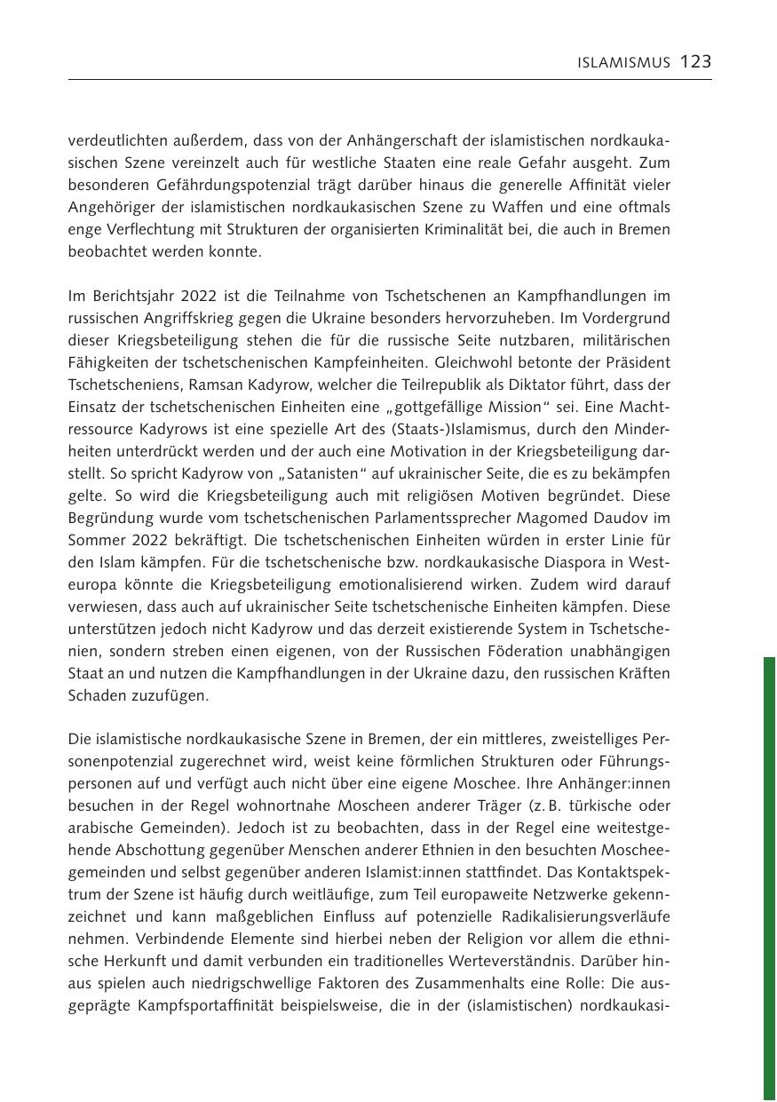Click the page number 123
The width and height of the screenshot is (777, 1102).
tap(696, 61)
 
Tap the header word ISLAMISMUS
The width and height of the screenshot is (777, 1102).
tap(623, 63)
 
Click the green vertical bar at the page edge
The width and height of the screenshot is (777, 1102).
tap(769, 879)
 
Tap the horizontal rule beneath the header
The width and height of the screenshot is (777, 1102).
tap(390, 80)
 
